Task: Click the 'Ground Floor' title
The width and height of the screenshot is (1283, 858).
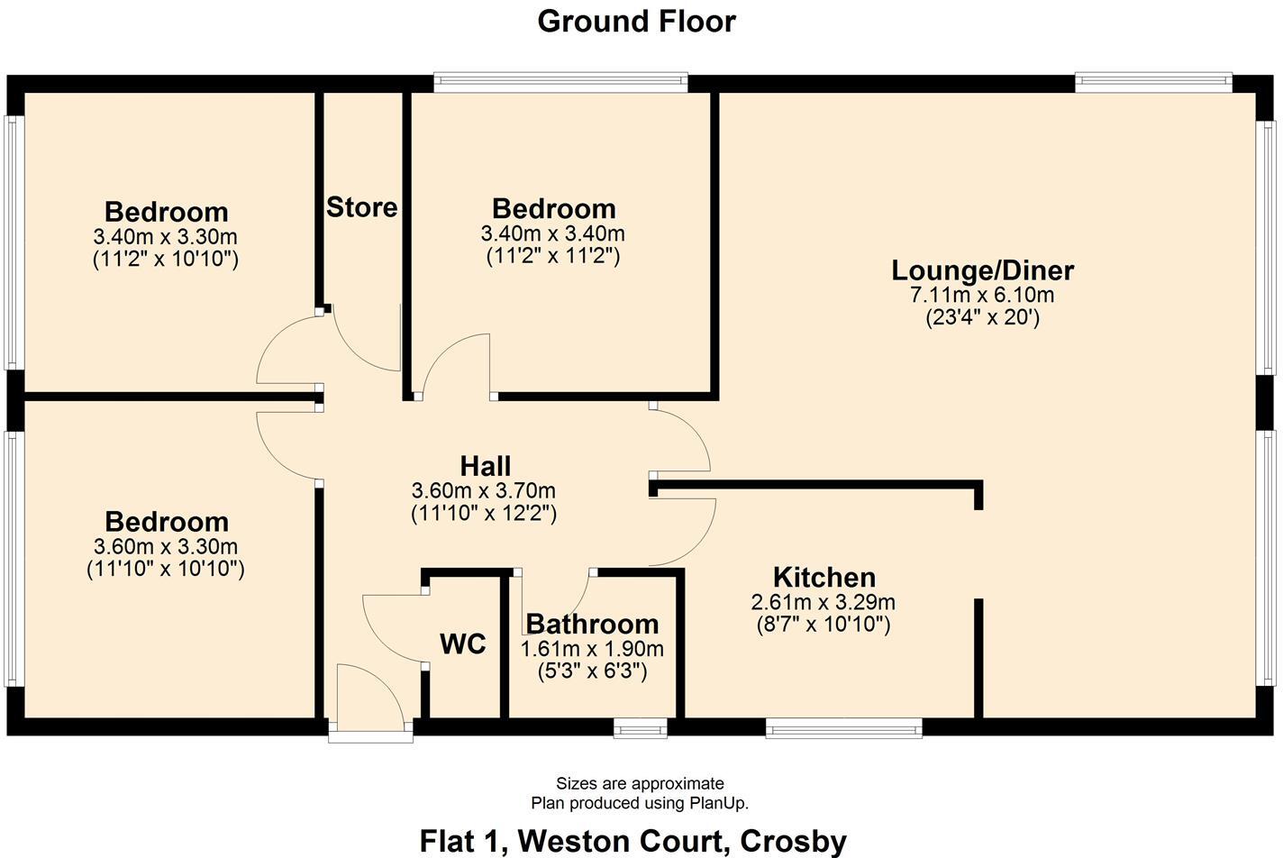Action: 636,21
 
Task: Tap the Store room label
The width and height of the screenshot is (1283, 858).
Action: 361,207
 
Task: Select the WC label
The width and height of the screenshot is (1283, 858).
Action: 463,643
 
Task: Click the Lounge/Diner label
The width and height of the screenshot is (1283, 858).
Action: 982,270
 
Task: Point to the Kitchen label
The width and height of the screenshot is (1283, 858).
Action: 823,577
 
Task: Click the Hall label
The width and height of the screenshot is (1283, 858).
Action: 485,466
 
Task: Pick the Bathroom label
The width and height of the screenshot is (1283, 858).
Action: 592,624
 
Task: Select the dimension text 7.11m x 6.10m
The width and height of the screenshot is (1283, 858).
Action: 982,295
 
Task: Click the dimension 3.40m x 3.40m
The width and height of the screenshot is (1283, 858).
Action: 552,233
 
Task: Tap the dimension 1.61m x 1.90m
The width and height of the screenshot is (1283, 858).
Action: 592,649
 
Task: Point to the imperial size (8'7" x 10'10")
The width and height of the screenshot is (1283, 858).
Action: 823,625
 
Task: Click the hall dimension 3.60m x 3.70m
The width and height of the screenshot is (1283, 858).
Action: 484,491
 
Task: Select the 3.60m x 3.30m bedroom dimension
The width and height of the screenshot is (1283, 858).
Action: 166,546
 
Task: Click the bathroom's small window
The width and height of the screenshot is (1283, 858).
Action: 641,727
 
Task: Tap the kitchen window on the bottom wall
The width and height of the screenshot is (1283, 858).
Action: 843,727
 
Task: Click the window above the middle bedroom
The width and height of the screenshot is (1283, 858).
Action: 560,82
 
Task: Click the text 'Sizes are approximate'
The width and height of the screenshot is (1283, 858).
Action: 640,783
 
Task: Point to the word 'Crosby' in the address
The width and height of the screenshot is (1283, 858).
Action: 793,841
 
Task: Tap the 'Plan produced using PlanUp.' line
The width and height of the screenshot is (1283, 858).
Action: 640,802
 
